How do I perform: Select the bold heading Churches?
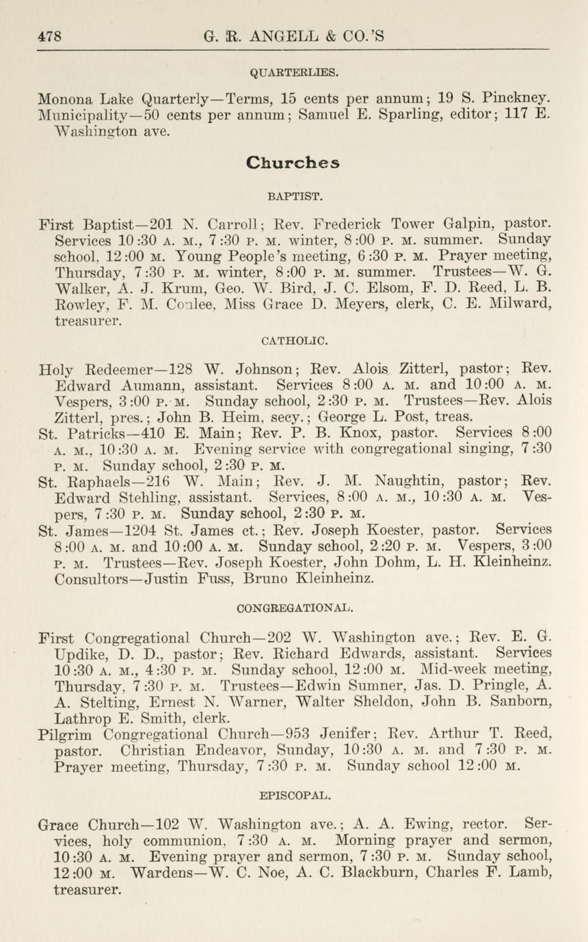click(293, 163)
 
